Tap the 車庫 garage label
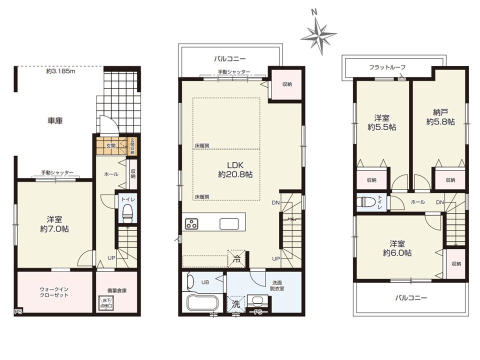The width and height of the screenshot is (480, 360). click(x=55, y=121)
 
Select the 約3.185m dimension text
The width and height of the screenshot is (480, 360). click(x=61, y=71)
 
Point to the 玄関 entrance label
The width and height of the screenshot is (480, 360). click(x=111, y=145)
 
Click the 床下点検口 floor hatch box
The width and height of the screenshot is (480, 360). click(x=106, y=303)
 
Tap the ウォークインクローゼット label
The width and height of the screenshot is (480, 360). click(x=54, y=292)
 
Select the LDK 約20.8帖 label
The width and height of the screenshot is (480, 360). click(x=235, y=170)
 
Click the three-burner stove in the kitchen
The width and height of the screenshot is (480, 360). click(x=191, y=224)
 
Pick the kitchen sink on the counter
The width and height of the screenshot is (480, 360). click(x=229, y=224)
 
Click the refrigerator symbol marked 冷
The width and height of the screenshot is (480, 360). click(x=236, y=258)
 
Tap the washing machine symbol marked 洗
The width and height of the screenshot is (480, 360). click(x=235, y=304)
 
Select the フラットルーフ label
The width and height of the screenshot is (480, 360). click(x=387, y=67)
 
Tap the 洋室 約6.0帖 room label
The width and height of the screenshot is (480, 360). click(x=397, y=248)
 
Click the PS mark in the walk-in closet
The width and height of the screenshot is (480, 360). click(x=18, y=312)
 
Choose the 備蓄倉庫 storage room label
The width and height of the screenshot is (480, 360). click(x=117, y=290)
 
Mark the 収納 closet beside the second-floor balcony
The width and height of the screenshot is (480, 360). click(x=287, y=84)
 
